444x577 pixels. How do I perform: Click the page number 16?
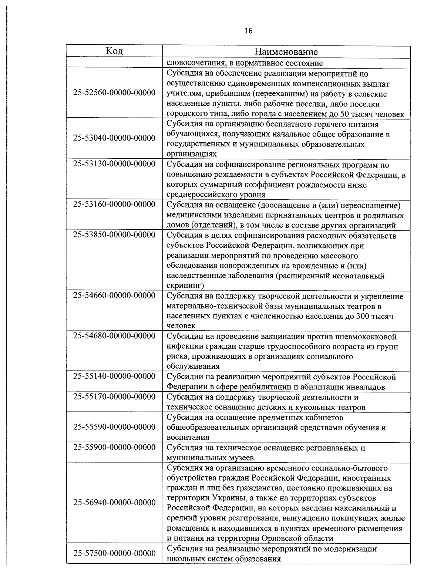(x=249, y=31)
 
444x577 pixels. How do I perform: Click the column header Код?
(x=114, y=51)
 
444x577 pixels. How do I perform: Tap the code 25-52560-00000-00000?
(x=114, y=92)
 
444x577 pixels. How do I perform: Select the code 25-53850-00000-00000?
(x=114, y=234)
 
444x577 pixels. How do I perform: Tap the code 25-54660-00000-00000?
(x=114, y=295)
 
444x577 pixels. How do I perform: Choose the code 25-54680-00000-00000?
(x=114, y=335)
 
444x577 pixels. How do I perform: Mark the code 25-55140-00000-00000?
(x=114, y=376)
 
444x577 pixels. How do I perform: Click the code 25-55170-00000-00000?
(x=114, y=397)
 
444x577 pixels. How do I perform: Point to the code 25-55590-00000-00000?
(x=114, y=427)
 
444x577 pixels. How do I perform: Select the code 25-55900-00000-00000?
(x=114, y=447)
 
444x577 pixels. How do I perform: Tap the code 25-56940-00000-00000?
(x=114, y=503)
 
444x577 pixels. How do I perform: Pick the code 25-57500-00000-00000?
(x=114, y=553)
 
